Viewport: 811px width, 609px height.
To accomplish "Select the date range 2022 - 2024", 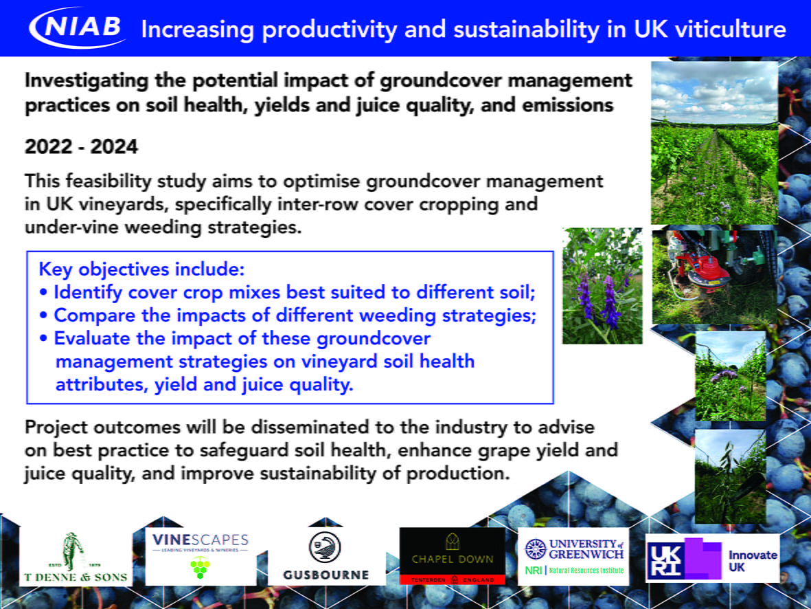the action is (x=81, y=146).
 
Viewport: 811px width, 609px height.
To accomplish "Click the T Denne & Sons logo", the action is (x=76, y=557).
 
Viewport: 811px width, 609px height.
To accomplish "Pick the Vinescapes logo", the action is (x=201, y=556).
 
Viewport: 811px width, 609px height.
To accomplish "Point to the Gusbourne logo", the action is (x=326, y=556).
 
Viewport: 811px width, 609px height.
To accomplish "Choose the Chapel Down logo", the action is (x=452, y=556).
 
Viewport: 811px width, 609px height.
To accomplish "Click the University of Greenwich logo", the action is (x=573, y=556).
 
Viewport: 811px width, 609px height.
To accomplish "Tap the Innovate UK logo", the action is (x=713, y=558).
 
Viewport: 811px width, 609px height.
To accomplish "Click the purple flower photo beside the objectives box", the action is (x=602, y=286).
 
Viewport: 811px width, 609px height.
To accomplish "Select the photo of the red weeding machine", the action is (x=714, y=277).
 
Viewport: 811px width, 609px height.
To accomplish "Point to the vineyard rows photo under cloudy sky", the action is (x=714, y=143).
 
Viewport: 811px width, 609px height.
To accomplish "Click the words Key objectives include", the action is (x=141, y=269).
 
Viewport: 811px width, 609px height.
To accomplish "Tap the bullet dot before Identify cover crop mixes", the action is (x=43, y=293).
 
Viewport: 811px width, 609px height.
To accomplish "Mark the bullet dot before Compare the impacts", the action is (x=43, y=315).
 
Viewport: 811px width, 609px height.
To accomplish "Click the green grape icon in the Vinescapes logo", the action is (x=201, y=568).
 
